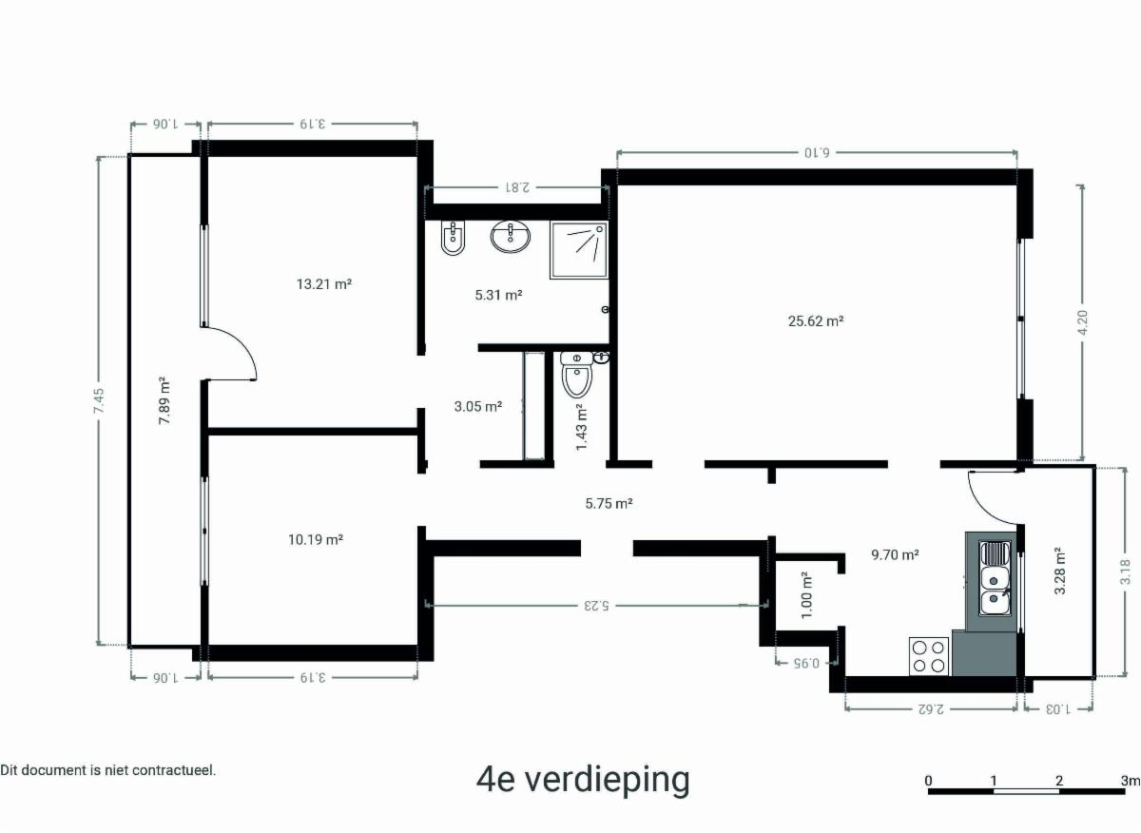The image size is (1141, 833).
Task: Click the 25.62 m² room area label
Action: click(x=816, y=321)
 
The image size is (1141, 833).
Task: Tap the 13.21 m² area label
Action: click(x=324, y=283)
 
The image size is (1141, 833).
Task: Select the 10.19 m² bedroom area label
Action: click(x=316, y=539)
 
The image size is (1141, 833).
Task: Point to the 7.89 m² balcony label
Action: click(x=164, y=400)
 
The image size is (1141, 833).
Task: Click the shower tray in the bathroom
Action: click(x=579, y=250)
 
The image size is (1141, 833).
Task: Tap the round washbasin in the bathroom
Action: click(x=510, y=237)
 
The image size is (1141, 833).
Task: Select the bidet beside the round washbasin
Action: click(x=453, y=239)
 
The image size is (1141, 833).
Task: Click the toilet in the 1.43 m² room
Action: click(x=576, y=375)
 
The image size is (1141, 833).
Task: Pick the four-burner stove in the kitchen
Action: click(x=929, y=656)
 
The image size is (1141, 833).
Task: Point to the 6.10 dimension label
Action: click(x=817, y=152)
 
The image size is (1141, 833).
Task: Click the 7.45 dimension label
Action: click(x=99, y=400)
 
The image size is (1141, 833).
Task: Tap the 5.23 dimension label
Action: click(x=596, y=606)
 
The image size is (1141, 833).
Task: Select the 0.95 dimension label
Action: click(x=806, y=663)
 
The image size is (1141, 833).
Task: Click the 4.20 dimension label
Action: click(x=1083, y=322)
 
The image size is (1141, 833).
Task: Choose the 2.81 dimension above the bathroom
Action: click(x=516, y=187)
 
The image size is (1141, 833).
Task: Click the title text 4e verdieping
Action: click(x=583, y=780)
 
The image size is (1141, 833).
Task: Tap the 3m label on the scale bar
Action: click(x=1131, y=781)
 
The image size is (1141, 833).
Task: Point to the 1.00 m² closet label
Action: click(x=807, y=595)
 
